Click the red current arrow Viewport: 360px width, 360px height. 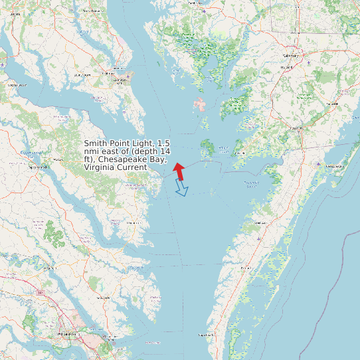pyautogui.click(x=179, y=171)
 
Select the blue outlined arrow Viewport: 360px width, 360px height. pyautogui.click(x=181, y=189)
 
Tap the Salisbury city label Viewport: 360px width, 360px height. pyautogui.click(x=290, y=56)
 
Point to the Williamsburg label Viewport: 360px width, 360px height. pyautogui.click(x=66, y=333)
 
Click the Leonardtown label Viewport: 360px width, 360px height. pyautogui.click(x=82, y=75)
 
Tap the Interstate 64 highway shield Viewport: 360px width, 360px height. pyautogui.click(x=41, y=292)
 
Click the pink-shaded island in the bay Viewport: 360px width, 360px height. pyautogui.click(x=198, y=104)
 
